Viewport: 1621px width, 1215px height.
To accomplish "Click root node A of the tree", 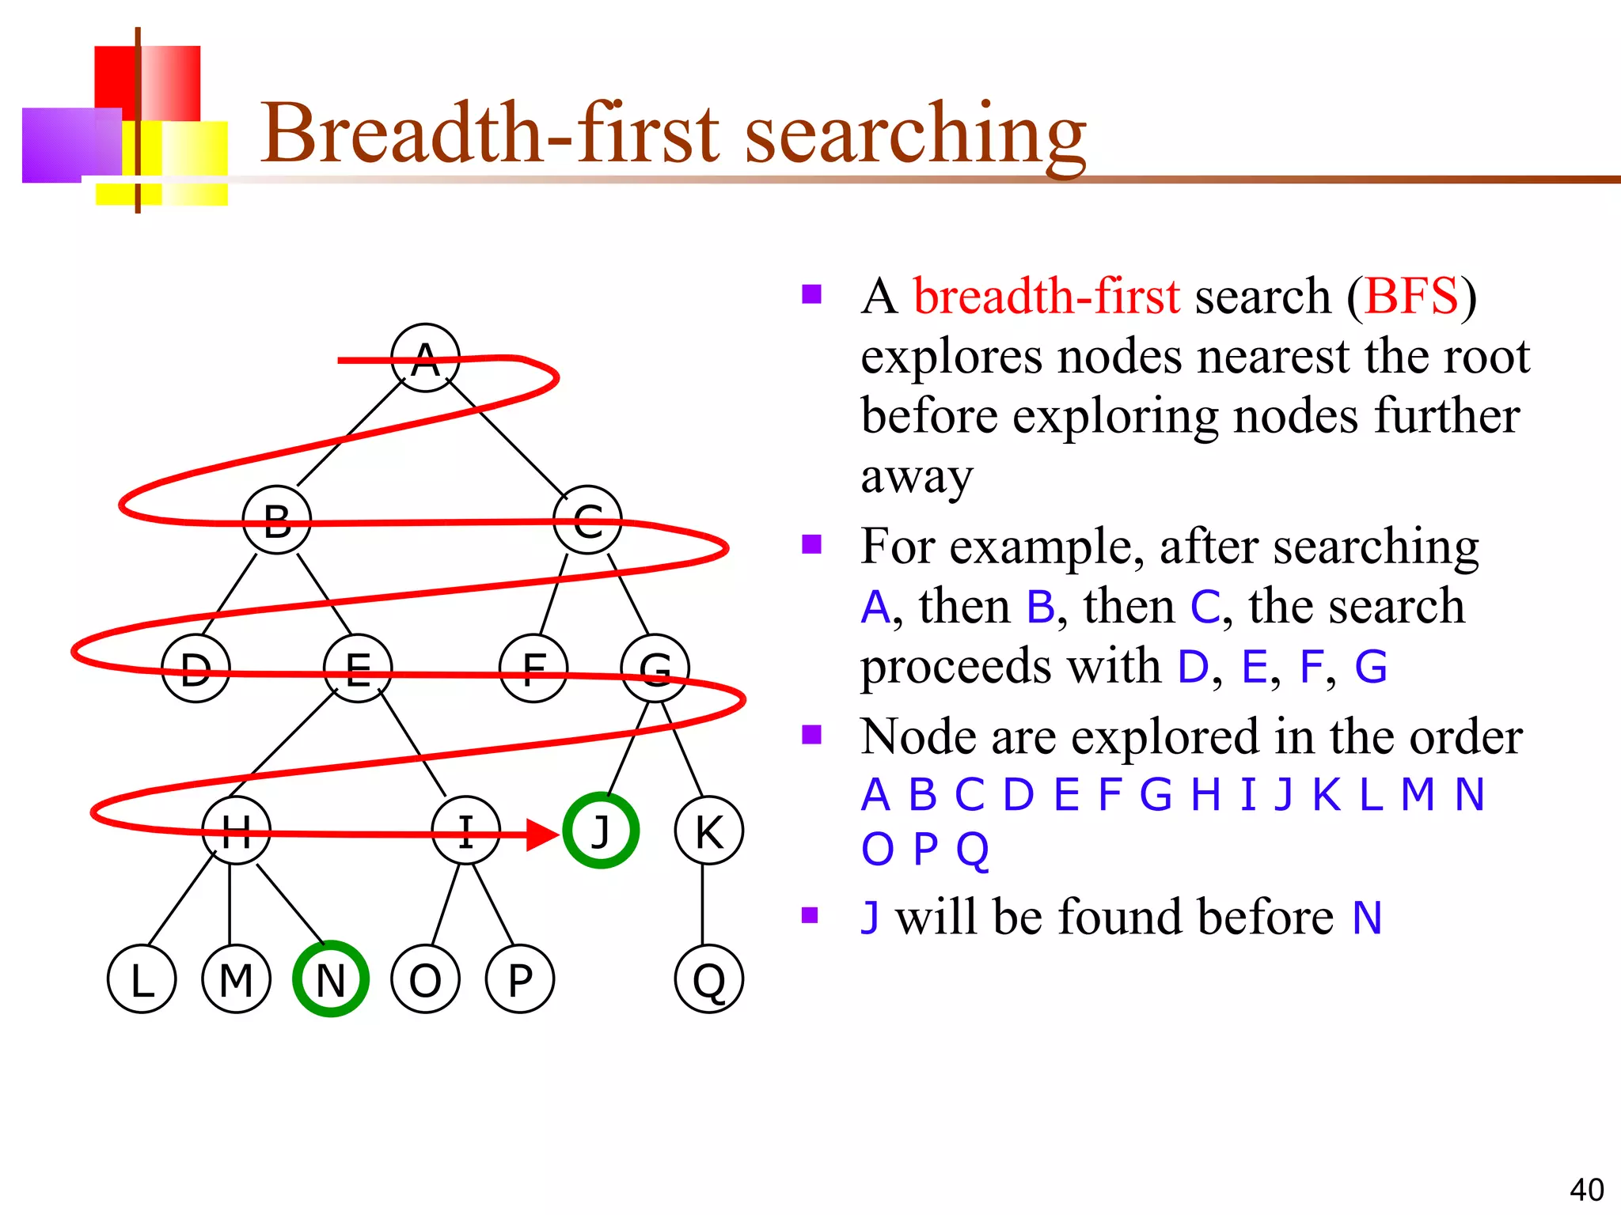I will (426, 358).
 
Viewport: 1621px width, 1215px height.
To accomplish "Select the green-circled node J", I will (601, 831).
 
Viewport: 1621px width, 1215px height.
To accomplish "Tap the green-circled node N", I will (331, 978).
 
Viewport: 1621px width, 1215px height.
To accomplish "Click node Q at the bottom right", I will (709, 978).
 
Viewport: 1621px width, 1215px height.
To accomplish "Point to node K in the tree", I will (709, 831).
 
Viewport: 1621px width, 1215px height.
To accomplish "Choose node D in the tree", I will (196, 668).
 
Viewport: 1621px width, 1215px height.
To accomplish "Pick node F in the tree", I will (533, 668).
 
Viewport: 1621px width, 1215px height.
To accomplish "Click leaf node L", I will (142, 978).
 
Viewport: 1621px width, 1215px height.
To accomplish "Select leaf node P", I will (520, 978).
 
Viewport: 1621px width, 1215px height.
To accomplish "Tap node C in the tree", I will (587, 520).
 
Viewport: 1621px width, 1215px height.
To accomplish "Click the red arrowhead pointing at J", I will (543, 834).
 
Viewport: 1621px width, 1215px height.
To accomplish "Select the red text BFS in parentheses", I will (1411, 297).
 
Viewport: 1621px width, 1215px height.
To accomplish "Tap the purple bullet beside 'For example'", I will (811, 544).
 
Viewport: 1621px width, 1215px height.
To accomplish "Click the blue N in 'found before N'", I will (1367, 918).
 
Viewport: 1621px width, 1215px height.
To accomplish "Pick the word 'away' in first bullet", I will (917, 477).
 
